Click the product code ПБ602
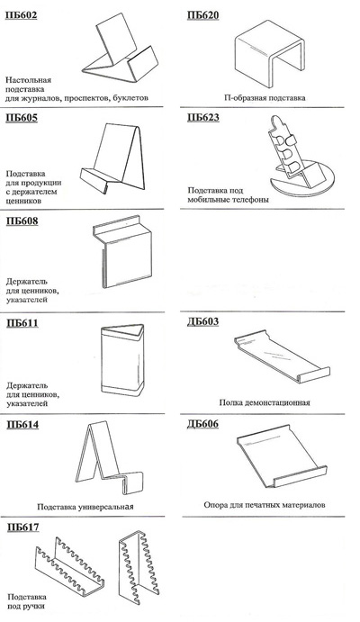[x=22, y=16]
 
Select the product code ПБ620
[x=203, y=15]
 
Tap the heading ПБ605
[x=22, y=118]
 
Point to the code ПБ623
[x=203, y=117]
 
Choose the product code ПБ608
[x=22, y=221]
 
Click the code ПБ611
[x=22, y=323]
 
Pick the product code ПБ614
[x=22, y=425]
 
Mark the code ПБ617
[x=23, y=527]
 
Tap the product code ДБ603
[x=203, y=321]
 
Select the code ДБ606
[x=203, y=424]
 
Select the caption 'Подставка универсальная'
[x=85, y=507]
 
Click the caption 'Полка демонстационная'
[x=265, y=402]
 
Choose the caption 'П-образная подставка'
[x=265, y=97]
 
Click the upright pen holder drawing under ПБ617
[x=139, y=570]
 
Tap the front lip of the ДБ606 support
[x=300, y=477]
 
